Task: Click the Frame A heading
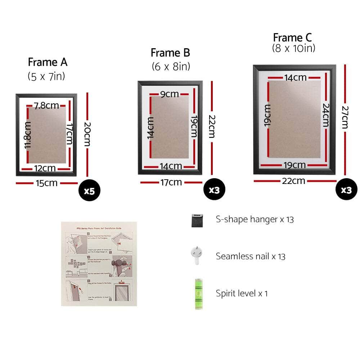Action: click(48, 62)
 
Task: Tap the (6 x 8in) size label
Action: click(170, 67)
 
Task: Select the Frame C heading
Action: click(292, 37)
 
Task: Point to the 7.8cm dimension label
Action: click(46, 105)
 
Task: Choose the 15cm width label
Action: click(46, 183)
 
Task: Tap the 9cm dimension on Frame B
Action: click(169, 94)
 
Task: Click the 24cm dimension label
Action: click(325, 115)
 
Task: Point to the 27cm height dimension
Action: click(345, 117)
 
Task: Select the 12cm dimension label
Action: click(45, 168)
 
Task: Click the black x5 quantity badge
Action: click(89, 190)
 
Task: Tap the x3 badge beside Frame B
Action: click(214, 190)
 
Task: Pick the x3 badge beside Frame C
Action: click(346, 190)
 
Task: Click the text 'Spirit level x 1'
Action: click(242, 293)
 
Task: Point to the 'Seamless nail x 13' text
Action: click(251, 256)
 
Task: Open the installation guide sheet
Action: click(99, 264)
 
